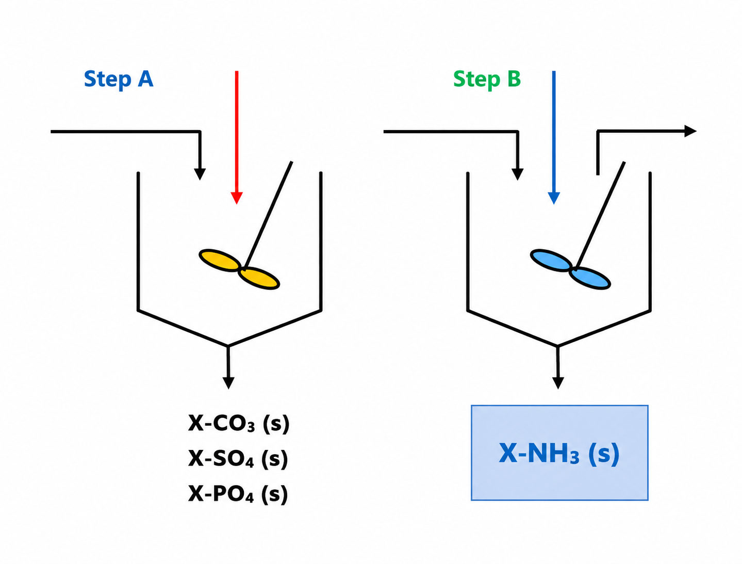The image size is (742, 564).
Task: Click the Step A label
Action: [118, 80]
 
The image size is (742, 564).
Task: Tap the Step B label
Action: [487, 80]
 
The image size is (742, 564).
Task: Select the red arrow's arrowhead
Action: [237, 198]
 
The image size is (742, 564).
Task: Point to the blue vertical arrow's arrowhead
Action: [554, 198]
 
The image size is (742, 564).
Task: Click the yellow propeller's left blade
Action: [220, 261]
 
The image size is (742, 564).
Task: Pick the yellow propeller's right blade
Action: [259, 278]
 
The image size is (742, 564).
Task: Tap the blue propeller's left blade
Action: [551, 261]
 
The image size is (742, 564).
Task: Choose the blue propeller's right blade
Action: [590, 278]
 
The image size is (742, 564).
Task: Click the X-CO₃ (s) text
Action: [239, 423]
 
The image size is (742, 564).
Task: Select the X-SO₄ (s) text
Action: [238, 459]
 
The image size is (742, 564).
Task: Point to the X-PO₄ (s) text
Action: [238, 494]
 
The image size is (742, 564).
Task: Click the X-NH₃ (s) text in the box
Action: [559, 454]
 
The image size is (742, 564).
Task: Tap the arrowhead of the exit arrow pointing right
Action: [690, 131]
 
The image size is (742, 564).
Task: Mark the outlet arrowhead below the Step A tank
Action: [228, 383]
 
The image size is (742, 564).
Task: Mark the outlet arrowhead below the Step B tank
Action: [558, 383]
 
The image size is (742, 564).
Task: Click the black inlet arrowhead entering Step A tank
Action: [200, 174]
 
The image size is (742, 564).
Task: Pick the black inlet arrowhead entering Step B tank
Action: [518, 174]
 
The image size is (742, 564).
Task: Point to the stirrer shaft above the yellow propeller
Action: [269, 215]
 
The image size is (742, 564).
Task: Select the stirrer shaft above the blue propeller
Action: [600, 215]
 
